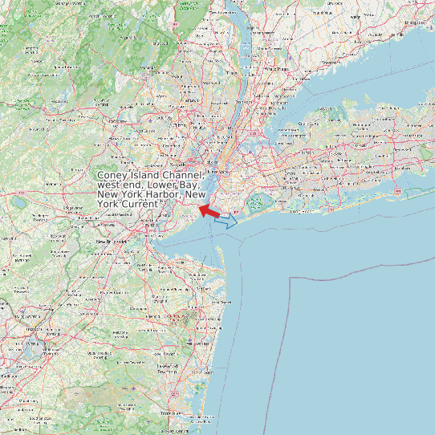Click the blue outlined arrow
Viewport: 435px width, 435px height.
[x=227, y=221]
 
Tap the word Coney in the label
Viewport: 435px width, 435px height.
[x=113, y=176]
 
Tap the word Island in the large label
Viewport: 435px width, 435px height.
[x=147, y=176]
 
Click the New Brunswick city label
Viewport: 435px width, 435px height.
[x=113, y=242]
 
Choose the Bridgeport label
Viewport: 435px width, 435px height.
[x=415, y=22]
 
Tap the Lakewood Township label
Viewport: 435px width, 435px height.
[x=168, y=372]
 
